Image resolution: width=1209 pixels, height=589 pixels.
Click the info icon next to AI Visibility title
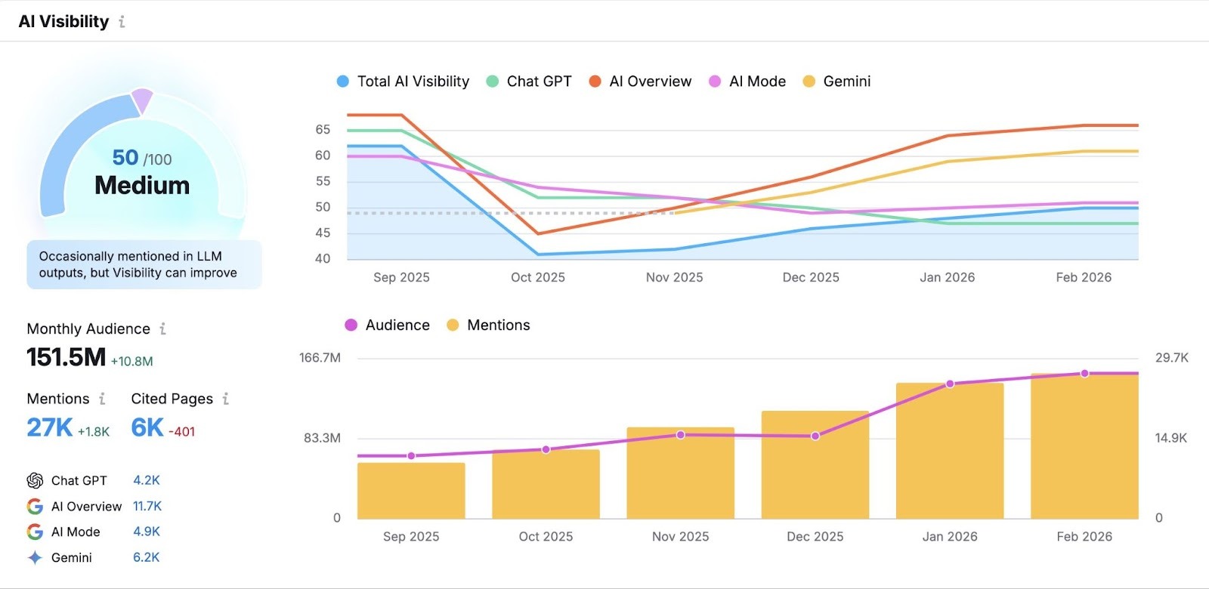[x=122, y=22]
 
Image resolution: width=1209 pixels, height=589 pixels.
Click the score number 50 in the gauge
[x=125, y=157]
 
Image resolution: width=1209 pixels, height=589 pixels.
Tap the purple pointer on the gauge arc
[x=142, y=101]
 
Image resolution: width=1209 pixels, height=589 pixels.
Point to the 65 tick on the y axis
[x=323, y=130]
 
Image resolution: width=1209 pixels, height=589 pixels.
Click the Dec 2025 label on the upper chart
[x=811, y=277]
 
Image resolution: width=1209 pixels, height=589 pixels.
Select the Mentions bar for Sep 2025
[x=411, y=491]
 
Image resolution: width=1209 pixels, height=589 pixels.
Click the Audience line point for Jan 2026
[x=950, y=384]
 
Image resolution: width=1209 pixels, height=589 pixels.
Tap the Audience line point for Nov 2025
[x=680, y=435]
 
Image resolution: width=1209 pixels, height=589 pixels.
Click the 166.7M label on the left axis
[x=320, y=358]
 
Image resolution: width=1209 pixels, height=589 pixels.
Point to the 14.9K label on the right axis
[x=1170, y=438]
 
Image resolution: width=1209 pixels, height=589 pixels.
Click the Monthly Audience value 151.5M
[x=66, y=357]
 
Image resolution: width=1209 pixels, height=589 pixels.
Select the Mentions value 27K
[x=50, y=427]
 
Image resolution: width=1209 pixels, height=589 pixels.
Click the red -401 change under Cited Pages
[x=181, y=432]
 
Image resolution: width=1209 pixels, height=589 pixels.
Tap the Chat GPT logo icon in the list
[x=35, y=481]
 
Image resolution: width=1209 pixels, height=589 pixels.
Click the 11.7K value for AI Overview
[x=147, y=506]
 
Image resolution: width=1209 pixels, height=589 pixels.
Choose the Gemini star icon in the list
[x=35, y=558]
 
